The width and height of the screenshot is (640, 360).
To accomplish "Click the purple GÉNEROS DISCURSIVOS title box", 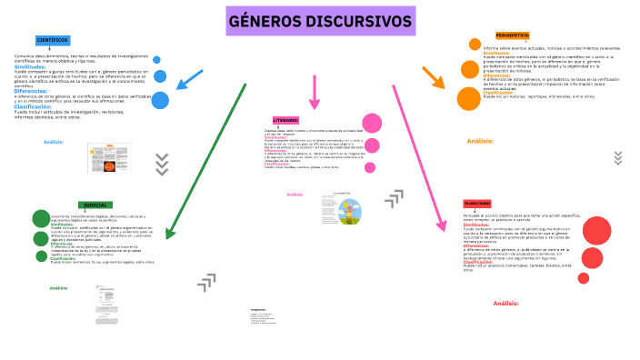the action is (x=319, y=22).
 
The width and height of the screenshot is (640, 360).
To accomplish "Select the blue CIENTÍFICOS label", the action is (x=53, y=41).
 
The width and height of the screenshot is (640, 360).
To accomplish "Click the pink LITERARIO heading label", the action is (x=285, y=120).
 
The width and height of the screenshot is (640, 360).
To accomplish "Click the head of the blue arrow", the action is (x=181, y=87).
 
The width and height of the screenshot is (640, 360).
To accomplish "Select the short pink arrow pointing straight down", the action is (x=314, y=94).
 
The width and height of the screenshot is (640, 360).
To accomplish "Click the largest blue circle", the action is (x=161, y=100).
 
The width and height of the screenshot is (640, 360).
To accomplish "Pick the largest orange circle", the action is (x=468, y=99).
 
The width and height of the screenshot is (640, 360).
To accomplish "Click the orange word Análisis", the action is (x=479, y=141).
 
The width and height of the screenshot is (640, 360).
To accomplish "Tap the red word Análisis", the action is (x=505, y=303).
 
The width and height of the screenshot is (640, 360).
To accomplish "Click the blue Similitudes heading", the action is (x=30, y=66).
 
